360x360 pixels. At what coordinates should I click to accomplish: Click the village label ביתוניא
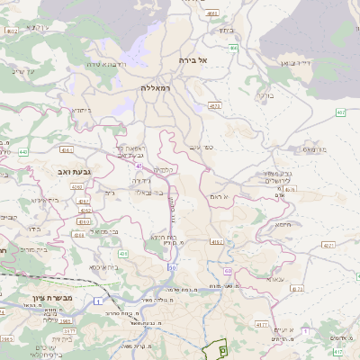(82, 110)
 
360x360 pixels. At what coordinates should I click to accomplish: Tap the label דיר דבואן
(317, 64)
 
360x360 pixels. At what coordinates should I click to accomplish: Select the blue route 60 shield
(228, 270)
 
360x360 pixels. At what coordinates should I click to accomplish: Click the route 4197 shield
(217, 241)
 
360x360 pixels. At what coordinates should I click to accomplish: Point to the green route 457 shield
(340, 112)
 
